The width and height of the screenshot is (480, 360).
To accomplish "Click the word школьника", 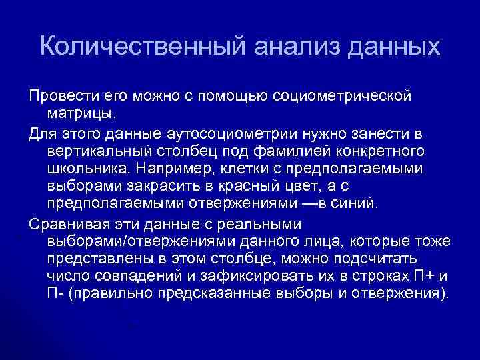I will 85,167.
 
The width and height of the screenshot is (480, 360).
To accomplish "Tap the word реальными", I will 264,223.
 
